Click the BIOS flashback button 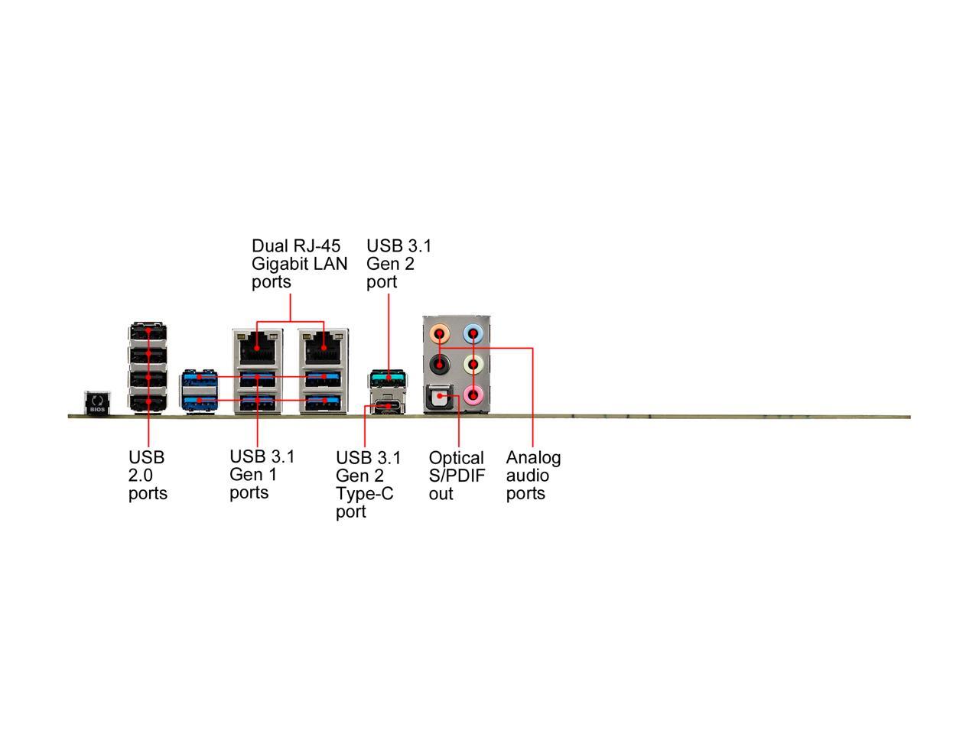(97, 401)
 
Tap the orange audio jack (440, 333)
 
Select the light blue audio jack (473, 333)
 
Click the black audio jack (440, 365)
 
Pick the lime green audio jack (473, 365)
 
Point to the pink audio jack (473, 395)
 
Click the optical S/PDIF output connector (440, 397)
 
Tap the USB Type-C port (388, 406)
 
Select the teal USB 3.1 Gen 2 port (388, 378)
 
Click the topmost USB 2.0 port (148, 333)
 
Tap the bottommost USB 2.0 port (148, 402)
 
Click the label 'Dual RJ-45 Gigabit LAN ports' (299, 264)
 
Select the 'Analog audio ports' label (533, 476)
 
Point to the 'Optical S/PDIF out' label (457, 476)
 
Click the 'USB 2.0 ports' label (148, 476)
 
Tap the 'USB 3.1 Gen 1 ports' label (262, 475)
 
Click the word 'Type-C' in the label (365, 494)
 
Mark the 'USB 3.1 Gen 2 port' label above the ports (399, 264)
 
